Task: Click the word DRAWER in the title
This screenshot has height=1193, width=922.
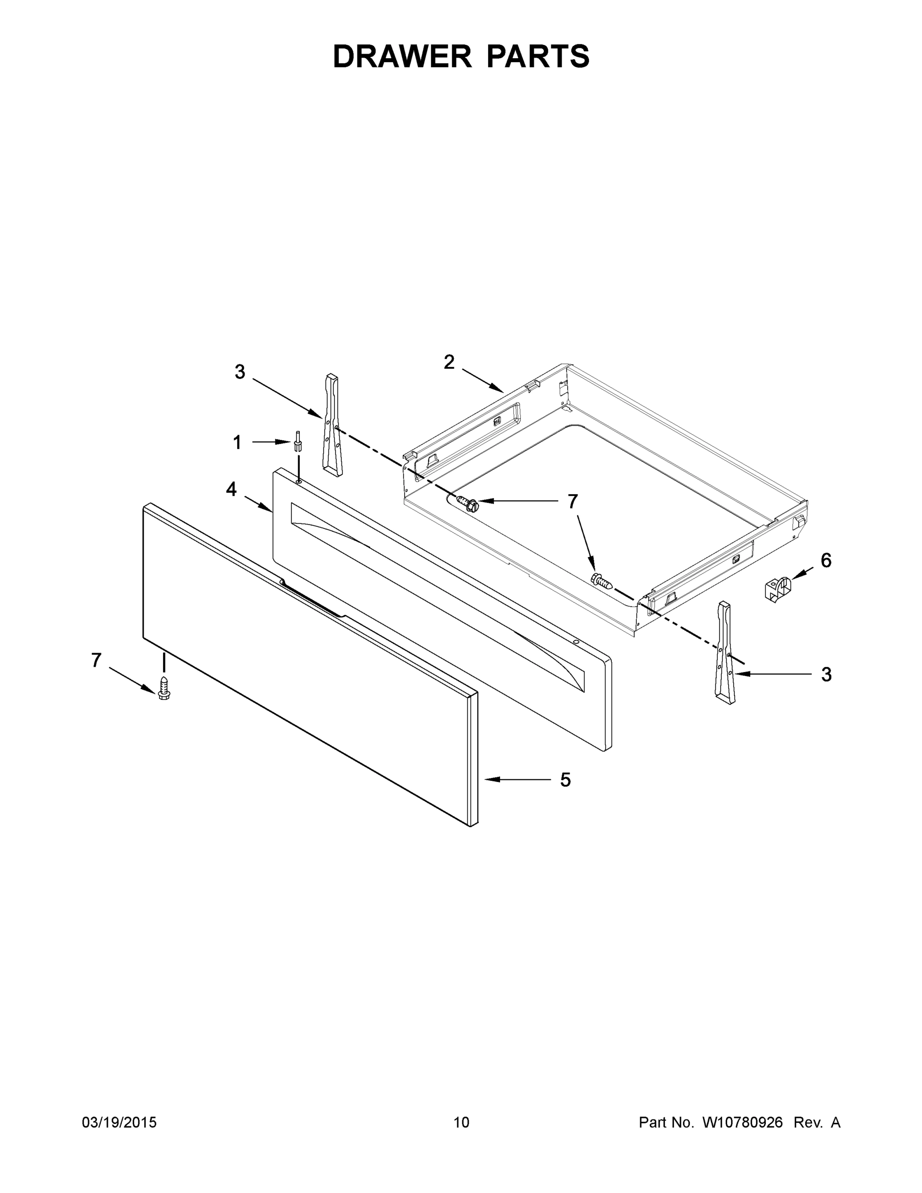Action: coord(402,56)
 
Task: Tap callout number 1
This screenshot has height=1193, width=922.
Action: coord(237,442)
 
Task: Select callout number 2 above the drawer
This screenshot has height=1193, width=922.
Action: coord(449,362)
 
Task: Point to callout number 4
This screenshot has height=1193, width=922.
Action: coord(232,490)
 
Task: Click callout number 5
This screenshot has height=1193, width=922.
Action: coord(565,780)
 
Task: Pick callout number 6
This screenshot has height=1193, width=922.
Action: coord(826,560)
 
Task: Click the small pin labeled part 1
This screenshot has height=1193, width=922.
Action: coord(298,440)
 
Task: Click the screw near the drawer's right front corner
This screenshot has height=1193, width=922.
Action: coord(601,580)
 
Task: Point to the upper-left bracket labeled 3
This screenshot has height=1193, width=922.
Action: coord(332,425)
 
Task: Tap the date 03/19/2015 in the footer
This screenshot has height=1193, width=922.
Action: coord(119,1122)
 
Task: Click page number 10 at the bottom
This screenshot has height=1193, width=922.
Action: coord(461,1122)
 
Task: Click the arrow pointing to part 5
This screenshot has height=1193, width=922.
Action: coord(516,779)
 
